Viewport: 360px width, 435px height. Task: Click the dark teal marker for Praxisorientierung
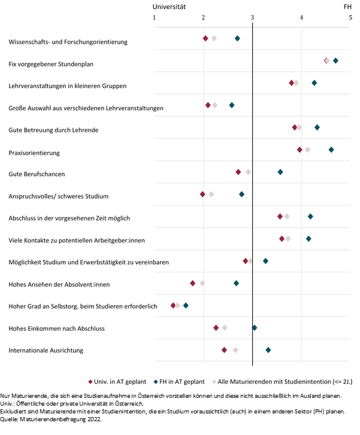point(331,149)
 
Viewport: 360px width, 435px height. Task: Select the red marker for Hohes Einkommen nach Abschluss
point(216,328)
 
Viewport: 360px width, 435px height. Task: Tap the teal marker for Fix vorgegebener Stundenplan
point(335,61)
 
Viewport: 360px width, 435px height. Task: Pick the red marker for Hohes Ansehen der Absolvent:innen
point(193,283)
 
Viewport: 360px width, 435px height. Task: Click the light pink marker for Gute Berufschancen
point(248,172)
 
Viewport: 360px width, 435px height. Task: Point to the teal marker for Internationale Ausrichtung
point(268,349)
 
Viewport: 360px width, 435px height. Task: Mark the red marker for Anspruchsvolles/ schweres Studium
point(202,194)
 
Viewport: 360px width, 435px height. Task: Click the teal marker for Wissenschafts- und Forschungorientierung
point(237,38)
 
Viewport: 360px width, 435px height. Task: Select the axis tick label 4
point(301,17)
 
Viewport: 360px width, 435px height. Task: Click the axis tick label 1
point(155,17)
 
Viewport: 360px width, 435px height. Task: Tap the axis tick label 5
point(350,17)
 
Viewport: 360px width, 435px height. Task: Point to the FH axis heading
point(348,6)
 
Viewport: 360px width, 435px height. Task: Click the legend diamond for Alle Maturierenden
point(214,381)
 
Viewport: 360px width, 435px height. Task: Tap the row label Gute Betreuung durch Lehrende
point(54,130)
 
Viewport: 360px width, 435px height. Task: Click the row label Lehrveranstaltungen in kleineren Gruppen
point(68,86)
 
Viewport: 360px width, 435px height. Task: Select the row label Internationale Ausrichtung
point(46,350)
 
